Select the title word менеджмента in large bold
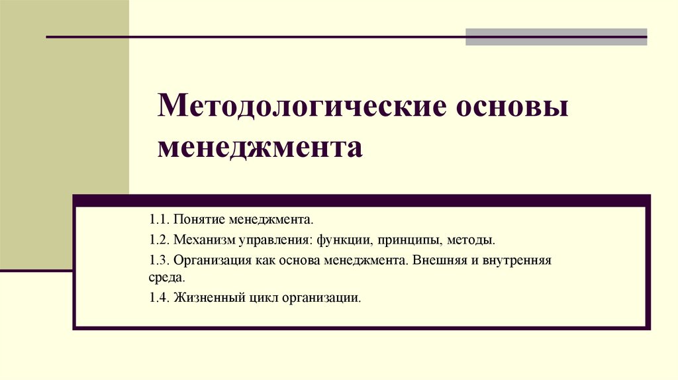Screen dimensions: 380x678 point(260,146)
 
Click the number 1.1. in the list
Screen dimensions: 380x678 point(160,218)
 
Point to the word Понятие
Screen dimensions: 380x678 point(196,218)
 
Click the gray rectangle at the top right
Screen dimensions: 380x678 point(556,36)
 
